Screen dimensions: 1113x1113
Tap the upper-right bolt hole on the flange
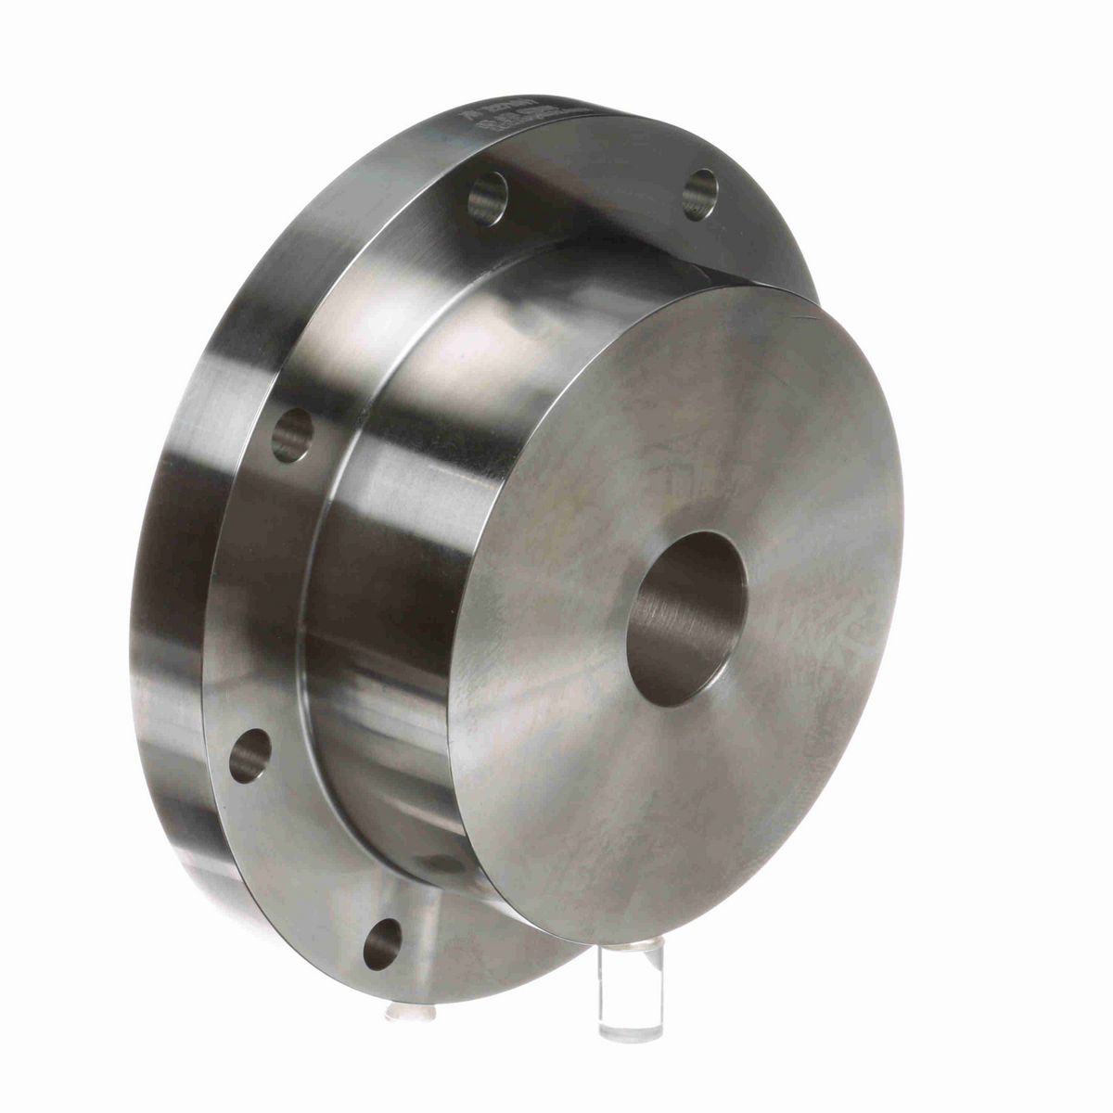[700, 193]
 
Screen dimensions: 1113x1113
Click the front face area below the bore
[668, 816]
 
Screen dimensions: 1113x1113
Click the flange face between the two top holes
[594, 199]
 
